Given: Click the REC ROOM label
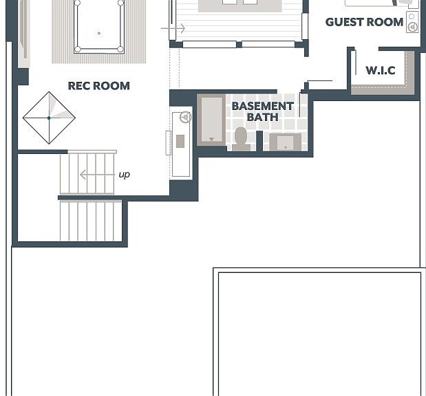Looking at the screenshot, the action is pos(99,86).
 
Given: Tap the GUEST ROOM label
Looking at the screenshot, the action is pos(364,22).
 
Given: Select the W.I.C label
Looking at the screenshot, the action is pos(381,70).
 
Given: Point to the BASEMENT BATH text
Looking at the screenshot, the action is pos(262,111).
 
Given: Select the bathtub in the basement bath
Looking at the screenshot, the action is pos(211,120).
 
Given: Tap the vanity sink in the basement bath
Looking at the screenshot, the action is pos(286,142).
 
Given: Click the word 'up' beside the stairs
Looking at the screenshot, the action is pos(124,174).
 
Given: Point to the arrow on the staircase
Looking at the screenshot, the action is pos(97,175).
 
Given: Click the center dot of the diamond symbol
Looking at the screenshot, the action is pos(49,118).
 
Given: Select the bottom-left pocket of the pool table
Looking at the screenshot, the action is pos(78,49).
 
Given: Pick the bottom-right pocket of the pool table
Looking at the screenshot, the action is pos(120,49).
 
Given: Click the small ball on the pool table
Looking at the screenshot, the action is pos(99,33).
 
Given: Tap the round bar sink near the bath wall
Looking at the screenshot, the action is pos(186,117).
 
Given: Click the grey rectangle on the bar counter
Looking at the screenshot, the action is pos(180,141).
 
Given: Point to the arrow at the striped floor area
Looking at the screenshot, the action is pos(173,28).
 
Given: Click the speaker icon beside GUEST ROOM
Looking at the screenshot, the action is pos(412,22).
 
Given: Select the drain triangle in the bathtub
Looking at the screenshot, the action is pos(211,140).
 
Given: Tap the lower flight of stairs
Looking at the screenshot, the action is pos(91,221).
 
